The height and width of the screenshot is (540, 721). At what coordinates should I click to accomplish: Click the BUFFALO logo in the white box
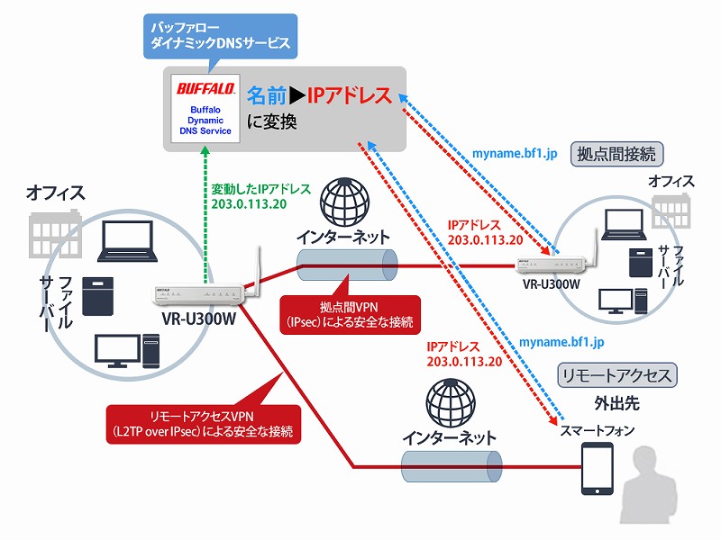[205, 89]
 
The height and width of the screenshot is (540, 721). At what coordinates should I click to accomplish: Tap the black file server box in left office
[100, 294]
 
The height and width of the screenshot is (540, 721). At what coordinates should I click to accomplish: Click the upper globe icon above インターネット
[346, 202]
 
